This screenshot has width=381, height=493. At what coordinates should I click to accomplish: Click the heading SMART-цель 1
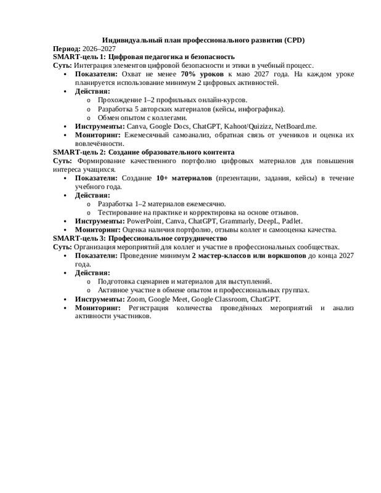pyautogui.click(x=79, y=57)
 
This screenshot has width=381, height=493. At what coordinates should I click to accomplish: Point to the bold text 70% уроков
pyautogui.click(x=203, y=73)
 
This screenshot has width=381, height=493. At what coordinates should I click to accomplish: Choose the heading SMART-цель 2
pyautogui.click(x=79, y=152)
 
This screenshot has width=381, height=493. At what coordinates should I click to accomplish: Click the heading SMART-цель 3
pyautogui.click(x=79, y=237)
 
